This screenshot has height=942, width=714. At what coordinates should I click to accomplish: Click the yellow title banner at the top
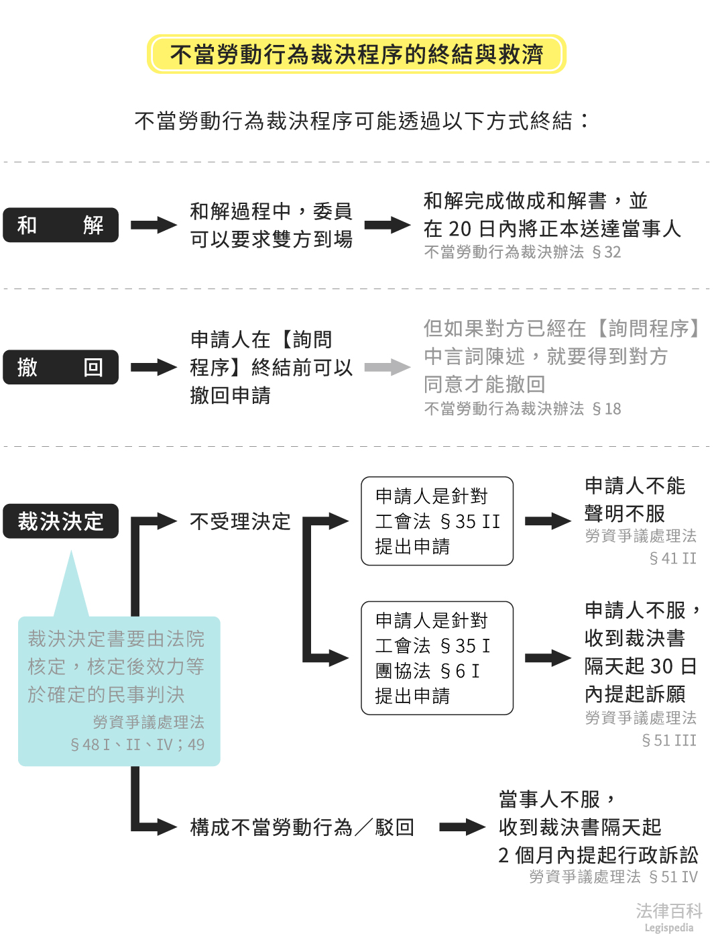pos(356,54)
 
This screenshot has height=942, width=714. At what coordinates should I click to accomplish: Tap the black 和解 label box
pos(60,225)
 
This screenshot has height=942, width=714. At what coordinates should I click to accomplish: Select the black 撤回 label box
pos(60,367)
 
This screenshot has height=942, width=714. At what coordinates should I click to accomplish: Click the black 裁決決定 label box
pos(60,521)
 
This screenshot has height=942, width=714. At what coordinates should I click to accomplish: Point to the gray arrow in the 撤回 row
pos(387,367)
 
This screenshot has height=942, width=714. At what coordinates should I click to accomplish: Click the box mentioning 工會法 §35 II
pos(437,521)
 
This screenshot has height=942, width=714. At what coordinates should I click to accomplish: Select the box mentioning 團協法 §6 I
pos(437,658)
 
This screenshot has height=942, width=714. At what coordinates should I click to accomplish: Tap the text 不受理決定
pos(240,521)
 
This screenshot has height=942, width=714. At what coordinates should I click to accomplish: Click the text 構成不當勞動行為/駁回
pos(302,827)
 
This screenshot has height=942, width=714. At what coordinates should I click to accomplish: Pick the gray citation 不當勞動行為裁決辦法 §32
pos(522,252)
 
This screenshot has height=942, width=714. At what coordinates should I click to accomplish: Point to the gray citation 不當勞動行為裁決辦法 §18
pos(522,409)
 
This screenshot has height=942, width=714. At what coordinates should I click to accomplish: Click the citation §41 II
pos(672,558)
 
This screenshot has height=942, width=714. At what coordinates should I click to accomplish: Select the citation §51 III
pos(669,740)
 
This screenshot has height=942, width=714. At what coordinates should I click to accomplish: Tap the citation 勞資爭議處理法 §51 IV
pos(613,877)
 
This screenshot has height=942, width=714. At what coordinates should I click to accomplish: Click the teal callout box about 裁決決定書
pos(119,691)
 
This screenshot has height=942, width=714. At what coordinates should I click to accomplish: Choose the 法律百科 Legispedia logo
pos(668,917)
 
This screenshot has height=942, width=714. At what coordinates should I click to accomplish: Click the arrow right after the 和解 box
pos(154,225)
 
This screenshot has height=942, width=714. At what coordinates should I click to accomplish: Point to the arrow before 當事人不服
pos(462,827)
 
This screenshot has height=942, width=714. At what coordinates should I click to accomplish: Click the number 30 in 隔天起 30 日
pos(661,666)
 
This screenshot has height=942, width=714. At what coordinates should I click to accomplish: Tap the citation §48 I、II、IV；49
pos(137,745)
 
